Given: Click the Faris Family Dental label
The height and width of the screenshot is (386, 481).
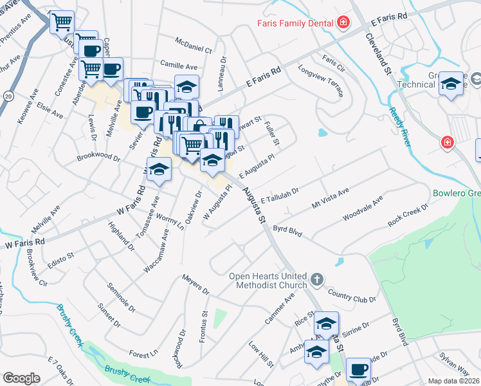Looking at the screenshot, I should coord(294,23).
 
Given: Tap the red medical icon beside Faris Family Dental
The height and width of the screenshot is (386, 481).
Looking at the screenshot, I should coord(343,23).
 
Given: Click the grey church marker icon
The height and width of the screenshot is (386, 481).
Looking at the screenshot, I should coord(316,279).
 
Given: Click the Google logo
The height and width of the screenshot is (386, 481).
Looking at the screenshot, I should coord(21,378).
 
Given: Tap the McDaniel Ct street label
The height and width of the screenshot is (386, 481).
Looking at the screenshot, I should coord(194,44).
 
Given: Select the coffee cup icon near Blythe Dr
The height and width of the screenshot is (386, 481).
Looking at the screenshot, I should coord(358,370).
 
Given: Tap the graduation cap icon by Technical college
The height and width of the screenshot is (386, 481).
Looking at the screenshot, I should coord(451,84).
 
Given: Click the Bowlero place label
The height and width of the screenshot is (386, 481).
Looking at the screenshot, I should coord(456,192).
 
